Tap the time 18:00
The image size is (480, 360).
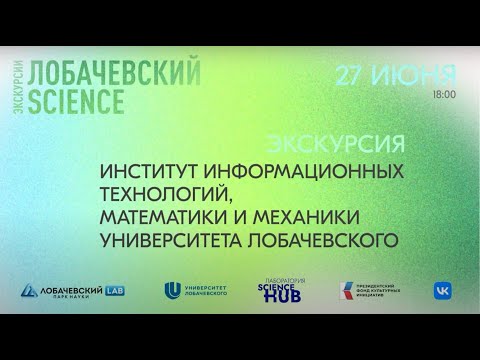[444, 94]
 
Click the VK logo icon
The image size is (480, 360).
[441, 289]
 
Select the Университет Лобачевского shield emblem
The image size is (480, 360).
[172, 290]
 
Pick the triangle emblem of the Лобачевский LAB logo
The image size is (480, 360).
[30, 290]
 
